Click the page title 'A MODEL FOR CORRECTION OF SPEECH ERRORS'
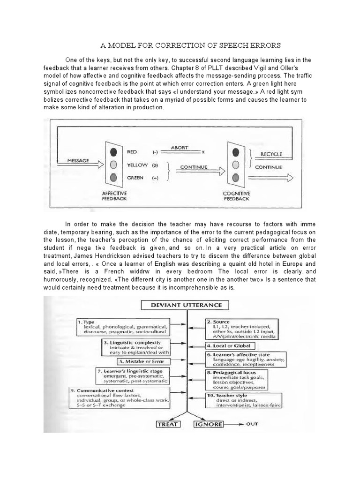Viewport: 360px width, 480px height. (190, 45)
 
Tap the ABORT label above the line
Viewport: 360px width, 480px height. (179, 148)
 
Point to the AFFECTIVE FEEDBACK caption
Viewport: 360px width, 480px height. (114, 195)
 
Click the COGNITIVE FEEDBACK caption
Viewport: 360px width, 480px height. (237, 195)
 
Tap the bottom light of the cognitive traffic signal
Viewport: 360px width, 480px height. (236, 177)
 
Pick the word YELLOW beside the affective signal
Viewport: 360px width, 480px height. (137, 165)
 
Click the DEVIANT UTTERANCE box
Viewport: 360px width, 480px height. (185, 306)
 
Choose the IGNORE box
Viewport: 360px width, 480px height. (208, 425)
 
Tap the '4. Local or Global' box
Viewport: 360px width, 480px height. (229, 345)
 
